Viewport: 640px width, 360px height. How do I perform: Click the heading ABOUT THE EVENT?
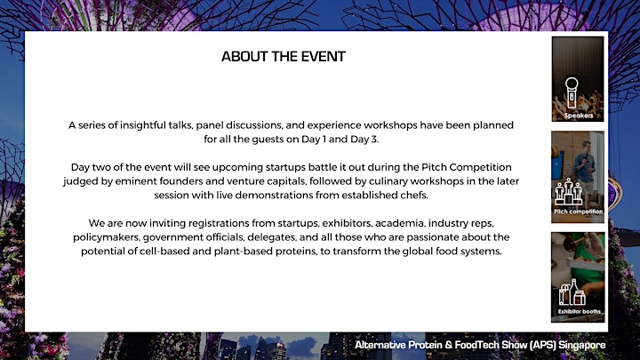click(284, 56)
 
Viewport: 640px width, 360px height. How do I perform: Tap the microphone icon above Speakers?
click(572, 92)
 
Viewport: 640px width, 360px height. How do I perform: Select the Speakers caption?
click(579, 116)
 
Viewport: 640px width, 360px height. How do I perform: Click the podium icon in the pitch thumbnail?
click(568, 191)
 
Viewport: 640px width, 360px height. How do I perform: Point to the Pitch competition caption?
click(578, 212)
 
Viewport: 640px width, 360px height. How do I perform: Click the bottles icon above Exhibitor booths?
click(572, 292)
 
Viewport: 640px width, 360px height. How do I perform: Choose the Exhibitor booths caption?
click(580, 311)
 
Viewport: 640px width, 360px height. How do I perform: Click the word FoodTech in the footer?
click(476, 345)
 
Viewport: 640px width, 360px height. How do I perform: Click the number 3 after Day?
click(374, 140)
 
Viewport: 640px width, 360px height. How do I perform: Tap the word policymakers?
click(107, 237)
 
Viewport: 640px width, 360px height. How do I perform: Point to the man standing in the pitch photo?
click(584, 167)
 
